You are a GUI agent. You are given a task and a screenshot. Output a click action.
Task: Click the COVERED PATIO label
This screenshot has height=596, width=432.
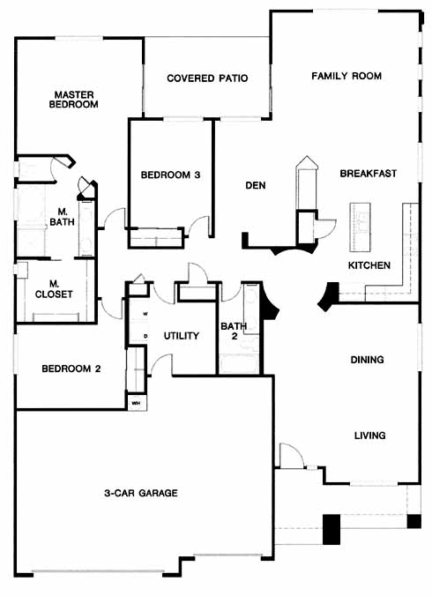(207, 78)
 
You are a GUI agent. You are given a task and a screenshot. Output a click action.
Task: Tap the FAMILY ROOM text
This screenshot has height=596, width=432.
(346, 76)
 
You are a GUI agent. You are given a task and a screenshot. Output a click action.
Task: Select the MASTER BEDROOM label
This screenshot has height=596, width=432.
(74, 100)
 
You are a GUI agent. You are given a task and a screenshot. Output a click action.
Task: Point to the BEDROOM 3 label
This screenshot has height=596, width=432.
(171, 175)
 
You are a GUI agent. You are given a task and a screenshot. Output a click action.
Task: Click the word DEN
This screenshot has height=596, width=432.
(256, 185)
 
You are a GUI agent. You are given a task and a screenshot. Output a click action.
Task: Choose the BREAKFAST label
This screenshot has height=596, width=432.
(369, 174)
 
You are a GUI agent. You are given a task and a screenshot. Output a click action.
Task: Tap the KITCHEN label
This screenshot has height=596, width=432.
(369, 265)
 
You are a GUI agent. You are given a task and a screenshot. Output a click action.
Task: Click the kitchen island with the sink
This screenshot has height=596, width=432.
(360, 227)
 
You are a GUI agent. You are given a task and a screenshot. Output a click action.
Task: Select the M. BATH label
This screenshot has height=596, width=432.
(62, 217)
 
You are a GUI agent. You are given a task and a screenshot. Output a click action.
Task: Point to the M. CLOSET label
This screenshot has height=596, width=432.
(54, 289)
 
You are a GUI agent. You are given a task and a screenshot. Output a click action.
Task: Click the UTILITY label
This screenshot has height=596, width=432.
(182, 336)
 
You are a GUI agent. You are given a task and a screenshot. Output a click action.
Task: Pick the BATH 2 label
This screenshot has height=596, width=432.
(234, 331)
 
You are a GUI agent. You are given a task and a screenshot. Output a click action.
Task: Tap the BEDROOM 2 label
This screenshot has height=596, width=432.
(71, 369)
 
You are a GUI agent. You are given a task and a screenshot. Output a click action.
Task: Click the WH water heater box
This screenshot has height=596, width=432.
(137, 402)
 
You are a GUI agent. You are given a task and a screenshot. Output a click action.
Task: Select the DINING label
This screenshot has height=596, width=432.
(367, 360)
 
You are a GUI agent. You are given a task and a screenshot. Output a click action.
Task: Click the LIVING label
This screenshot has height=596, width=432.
(370, 436)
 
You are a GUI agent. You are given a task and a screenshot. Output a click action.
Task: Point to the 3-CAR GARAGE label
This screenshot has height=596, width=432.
(141, 493)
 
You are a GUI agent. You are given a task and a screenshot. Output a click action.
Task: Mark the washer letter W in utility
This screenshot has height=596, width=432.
(145, 314)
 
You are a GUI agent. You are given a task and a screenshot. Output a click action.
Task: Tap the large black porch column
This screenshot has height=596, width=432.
(331, 530)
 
